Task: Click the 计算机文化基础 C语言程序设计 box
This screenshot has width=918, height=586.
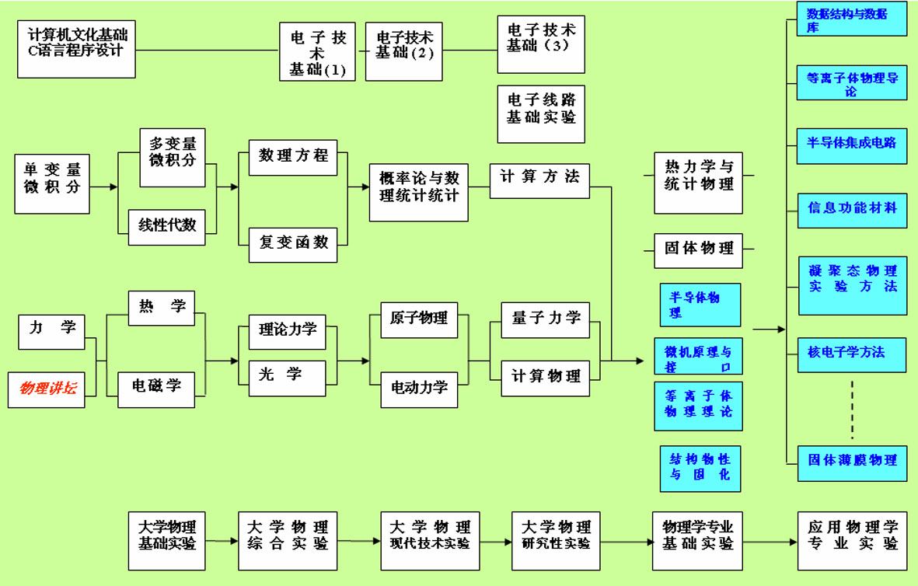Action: click(x=76, y=50)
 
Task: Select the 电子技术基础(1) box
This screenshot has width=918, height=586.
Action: click(x=317, y=51)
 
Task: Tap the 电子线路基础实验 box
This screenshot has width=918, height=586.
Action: click(x=541, y=114)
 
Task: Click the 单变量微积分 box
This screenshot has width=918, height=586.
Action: click(x=52, y=183)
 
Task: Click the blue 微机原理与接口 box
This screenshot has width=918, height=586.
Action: click(x=698, y=356)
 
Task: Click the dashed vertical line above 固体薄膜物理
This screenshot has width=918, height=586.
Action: click(x=852, y=410)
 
